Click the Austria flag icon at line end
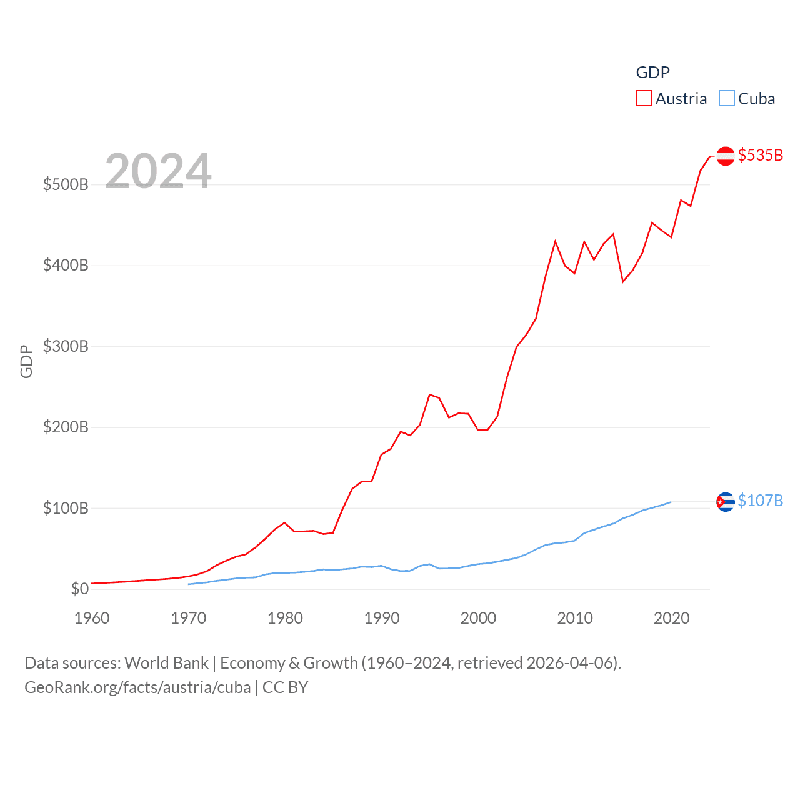click(725, 156)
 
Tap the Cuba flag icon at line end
click(725, 502)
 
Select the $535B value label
click(761, 155)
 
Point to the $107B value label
click(761, 501)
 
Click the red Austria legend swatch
click(644, 99)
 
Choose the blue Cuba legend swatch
click(726, 99)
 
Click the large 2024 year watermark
click(158, 171)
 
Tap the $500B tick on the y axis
click(66, 184)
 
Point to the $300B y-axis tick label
click(66, 346)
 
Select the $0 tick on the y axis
click(79, 589)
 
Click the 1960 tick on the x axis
click(92, 618)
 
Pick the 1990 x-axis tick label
click(382, 618)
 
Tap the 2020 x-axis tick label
click(671, 618)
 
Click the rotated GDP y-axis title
click(26, 361)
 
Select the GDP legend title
click(652, 72)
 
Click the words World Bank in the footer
click(166, 663)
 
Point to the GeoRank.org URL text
click(137, 687)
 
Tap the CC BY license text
click(286, 687)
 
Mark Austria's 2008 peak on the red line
click(555, 241)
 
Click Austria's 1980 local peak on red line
click(284, 522)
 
